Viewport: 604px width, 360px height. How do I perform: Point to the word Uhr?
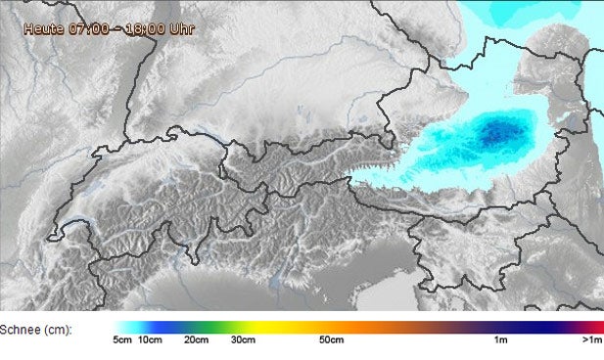coord(182,28)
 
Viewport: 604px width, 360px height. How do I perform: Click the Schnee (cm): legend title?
coord(36,330)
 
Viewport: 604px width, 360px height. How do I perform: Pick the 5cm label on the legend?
coord(122,340)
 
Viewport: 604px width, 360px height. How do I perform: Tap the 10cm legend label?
coord(149,340)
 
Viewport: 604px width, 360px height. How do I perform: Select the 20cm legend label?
coord(196,340)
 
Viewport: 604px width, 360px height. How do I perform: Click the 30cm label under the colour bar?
coord(243,340)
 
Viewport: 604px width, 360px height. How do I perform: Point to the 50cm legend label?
coord(332,340)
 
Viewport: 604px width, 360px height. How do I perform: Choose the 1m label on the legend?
coord(500,340)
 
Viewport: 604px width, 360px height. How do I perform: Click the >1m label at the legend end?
coord(591,340)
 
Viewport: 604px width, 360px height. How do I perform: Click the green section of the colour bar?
coord(210,327)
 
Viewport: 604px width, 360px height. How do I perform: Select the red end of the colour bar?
coord(597,327)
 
